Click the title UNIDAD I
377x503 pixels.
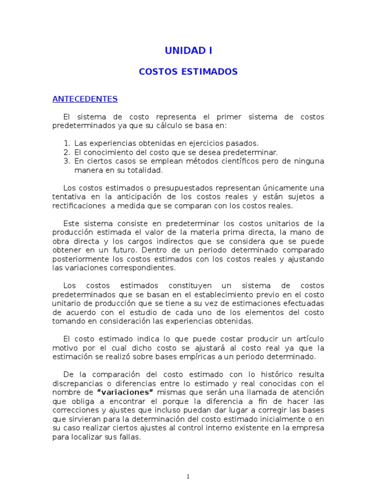[x=188, y=51]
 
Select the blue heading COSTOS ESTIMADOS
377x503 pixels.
[x=188, y=72]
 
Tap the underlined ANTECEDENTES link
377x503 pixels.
[x=85, y=99]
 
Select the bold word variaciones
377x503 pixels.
[x=126, y=391]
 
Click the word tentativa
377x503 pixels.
[x=69, y=197]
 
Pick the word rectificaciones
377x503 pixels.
[x=79, y=206]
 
